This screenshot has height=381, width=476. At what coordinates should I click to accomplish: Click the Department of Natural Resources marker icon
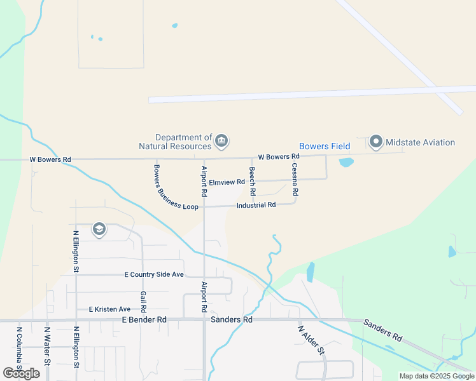[x=221, y=141]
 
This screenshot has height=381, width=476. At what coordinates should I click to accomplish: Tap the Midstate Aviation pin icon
[x=376, y=142]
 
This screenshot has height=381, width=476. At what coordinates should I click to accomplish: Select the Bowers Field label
[x=325, y=146]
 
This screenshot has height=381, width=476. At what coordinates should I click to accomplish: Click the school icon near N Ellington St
[x=99, y=229]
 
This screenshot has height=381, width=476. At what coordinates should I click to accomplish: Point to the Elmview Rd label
[x=227, y=182]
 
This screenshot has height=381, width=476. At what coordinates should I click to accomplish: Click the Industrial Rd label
[x=256, y=205]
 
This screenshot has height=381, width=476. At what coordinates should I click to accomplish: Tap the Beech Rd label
[x=252, y=180]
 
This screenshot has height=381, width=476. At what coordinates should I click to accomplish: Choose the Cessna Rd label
[x=295, y=178]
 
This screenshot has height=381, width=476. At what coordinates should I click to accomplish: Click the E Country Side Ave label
[x=153, y=274]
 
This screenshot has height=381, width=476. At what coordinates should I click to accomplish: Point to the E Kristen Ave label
[x=109, y=309]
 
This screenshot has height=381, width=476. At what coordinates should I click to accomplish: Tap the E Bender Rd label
[x=144, y=319]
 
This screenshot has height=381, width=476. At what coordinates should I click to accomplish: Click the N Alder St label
[x=311, y=340]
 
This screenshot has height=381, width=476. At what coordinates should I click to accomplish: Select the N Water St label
[x=47, y=346]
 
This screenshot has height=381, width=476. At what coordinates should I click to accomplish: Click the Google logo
[x=21, y=373]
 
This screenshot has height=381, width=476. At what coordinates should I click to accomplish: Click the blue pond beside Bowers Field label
[x=346, y=162]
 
